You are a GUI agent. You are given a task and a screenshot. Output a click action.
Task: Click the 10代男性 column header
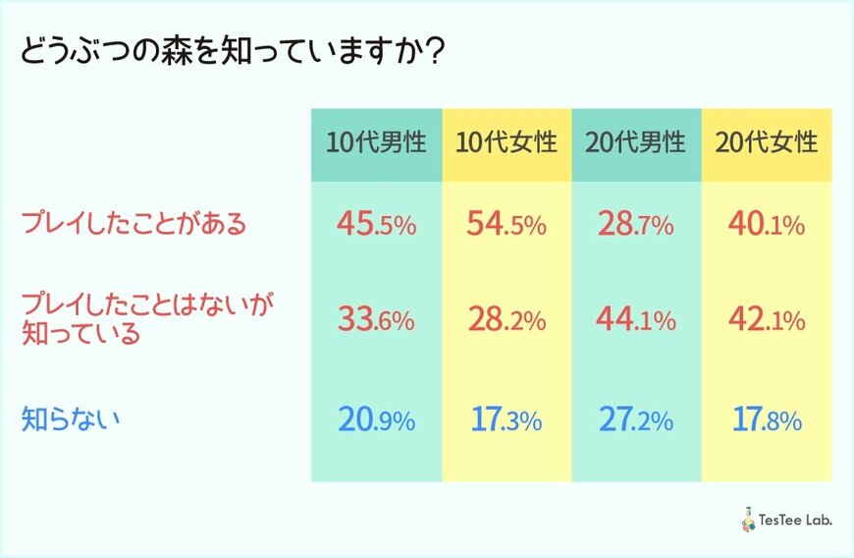point(377,142)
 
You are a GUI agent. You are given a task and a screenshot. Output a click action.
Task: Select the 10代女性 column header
point(507,142)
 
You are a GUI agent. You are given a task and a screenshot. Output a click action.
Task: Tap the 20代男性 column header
point(636,142)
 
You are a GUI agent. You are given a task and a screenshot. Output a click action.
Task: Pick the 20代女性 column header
point(767,142)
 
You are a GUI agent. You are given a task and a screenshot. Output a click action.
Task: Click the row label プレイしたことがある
point(133,224)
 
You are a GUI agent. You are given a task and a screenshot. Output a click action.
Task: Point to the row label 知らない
point(71,420)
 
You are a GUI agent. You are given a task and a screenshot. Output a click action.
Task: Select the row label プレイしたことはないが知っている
point(147,319)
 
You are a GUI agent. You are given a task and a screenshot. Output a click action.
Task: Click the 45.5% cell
point(377,225)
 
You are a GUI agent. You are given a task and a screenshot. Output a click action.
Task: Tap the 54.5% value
point(507,225)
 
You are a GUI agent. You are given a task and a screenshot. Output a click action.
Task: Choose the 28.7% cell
point(636,225)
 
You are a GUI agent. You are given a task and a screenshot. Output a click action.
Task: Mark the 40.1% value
point(767,225)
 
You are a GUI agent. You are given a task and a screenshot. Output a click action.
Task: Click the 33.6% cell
point(377,320)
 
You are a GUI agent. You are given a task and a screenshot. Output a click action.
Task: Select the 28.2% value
point(507,320)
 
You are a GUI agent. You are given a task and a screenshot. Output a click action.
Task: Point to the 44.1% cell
point(636,320)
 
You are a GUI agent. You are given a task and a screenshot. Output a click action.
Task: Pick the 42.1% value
point(767,320)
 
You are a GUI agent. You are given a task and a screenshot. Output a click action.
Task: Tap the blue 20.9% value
point(377,421)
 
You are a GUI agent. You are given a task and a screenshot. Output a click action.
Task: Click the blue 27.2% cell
point(636,421)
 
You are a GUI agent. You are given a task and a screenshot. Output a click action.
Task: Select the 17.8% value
point(767,421)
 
